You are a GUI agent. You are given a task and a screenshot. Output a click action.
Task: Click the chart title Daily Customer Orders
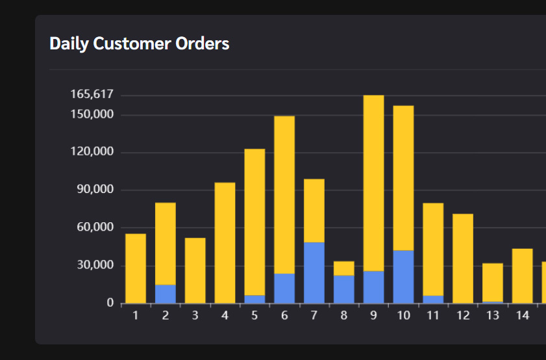(x=139, y=44)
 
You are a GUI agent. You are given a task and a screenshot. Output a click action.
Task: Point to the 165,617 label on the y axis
(x=92, y=95)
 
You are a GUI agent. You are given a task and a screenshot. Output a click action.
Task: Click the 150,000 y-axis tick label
(x=92, y=115)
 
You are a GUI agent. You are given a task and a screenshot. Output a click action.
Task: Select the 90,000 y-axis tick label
(x=95, y=190)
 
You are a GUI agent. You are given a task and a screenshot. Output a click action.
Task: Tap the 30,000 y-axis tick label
(x=95, y=265)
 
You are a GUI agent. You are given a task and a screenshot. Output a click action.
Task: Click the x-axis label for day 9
(x=373, y=316)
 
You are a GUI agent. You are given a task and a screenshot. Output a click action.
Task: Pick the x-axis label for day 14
(x=522, y=316)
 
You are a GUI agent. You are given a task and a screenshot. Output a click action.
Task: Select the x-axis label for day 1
(x=136, y=316)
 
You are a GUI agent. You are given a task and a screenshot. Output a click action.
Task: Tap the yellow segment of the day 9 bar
(x=373, y=182)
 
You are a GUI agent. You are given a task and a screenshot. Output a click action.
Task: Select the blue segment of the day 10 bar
(x=403, y=277)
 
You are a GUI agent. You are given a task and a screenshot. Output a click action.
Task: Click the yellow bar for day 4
(x=225, y=242)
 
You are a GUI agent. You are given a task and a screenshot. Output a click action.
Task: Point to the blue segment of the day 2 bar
(x=166, y=294)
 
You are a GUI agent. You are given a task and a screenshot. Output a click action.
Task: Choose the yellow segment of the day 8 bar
(x=344, y=268)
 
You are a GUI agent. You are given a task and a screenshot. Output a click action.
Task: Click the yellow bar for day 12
(x=463, y=258)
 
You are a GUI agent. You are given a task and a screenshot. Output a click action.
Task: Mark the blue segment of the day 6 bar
(x=284, y=289)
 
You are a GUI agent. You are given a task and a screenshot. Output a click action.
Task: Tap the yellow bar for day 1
(x=136, y=268)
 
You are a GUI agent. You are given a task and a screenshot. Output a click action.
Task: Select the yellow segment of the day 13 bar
(x=493, y=282)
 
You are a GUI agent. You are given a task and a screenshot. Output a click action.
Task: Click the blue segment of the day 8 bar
(x=344, y=289)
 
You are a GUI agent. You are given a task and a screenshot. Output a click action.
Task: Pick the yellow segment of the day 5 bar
(x=254, y=221)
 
